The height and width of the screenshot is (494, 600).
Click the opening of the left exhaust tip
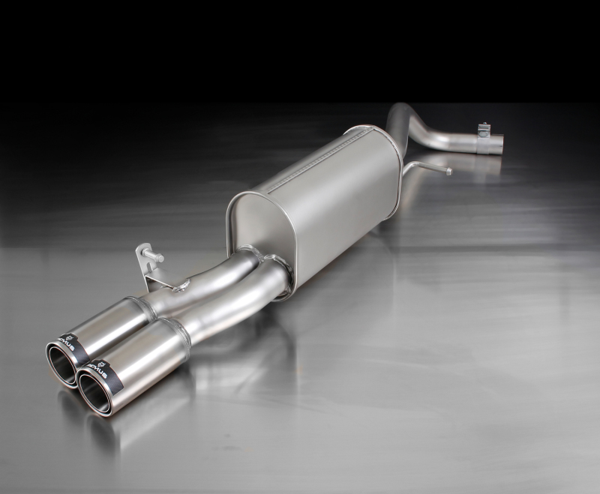[x=63, y=365]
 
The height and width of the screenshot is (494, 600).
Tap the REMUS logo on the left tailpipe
[x=73, y=344]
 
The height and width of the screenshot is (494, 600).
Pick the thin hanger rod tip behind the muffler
[x=448, y=171]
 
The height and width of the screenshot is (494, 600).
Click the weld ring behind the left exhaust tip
[x=133, y=307]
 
